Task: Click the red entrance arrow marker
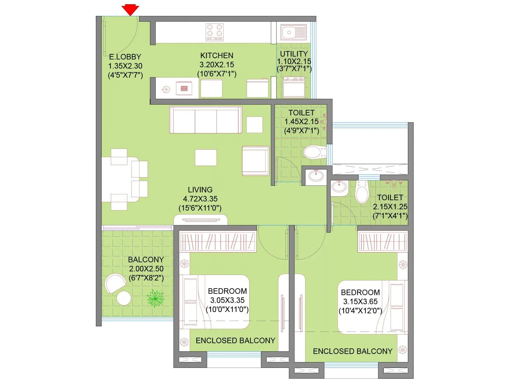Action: [130, 10]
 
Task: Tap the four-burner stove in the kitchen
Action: [215, 32]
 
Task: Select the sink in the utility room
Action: [293, 32]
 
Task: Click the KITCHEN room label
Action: [216, 56]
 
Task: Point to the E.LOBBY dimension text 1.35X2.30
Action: [125, 66]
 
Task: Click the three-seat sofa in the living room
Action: [205, 120]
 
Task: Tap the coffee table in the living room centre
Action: [206, 158]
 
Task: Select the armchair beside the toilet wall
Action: [255, 161]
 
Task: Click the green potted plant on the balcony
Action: [155, 298]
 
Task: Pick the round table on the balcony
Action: [124, 298]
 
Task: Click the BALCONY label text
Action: [146, 260]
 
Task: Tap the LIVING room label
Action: [200, 190]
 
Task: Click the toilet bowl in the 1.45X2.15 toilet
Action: [314, 152]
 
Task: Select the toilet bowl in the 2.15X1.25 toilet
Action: [362, 193]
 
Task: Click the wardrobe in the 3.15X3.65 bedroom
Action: [382, 241]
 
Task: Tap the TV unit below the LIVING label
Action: [201, 220]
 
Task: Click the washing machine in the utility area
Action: [294, 87]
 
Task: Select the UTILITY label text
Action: [294, 54]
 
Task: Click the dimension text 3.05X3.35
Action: [227, 300]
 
